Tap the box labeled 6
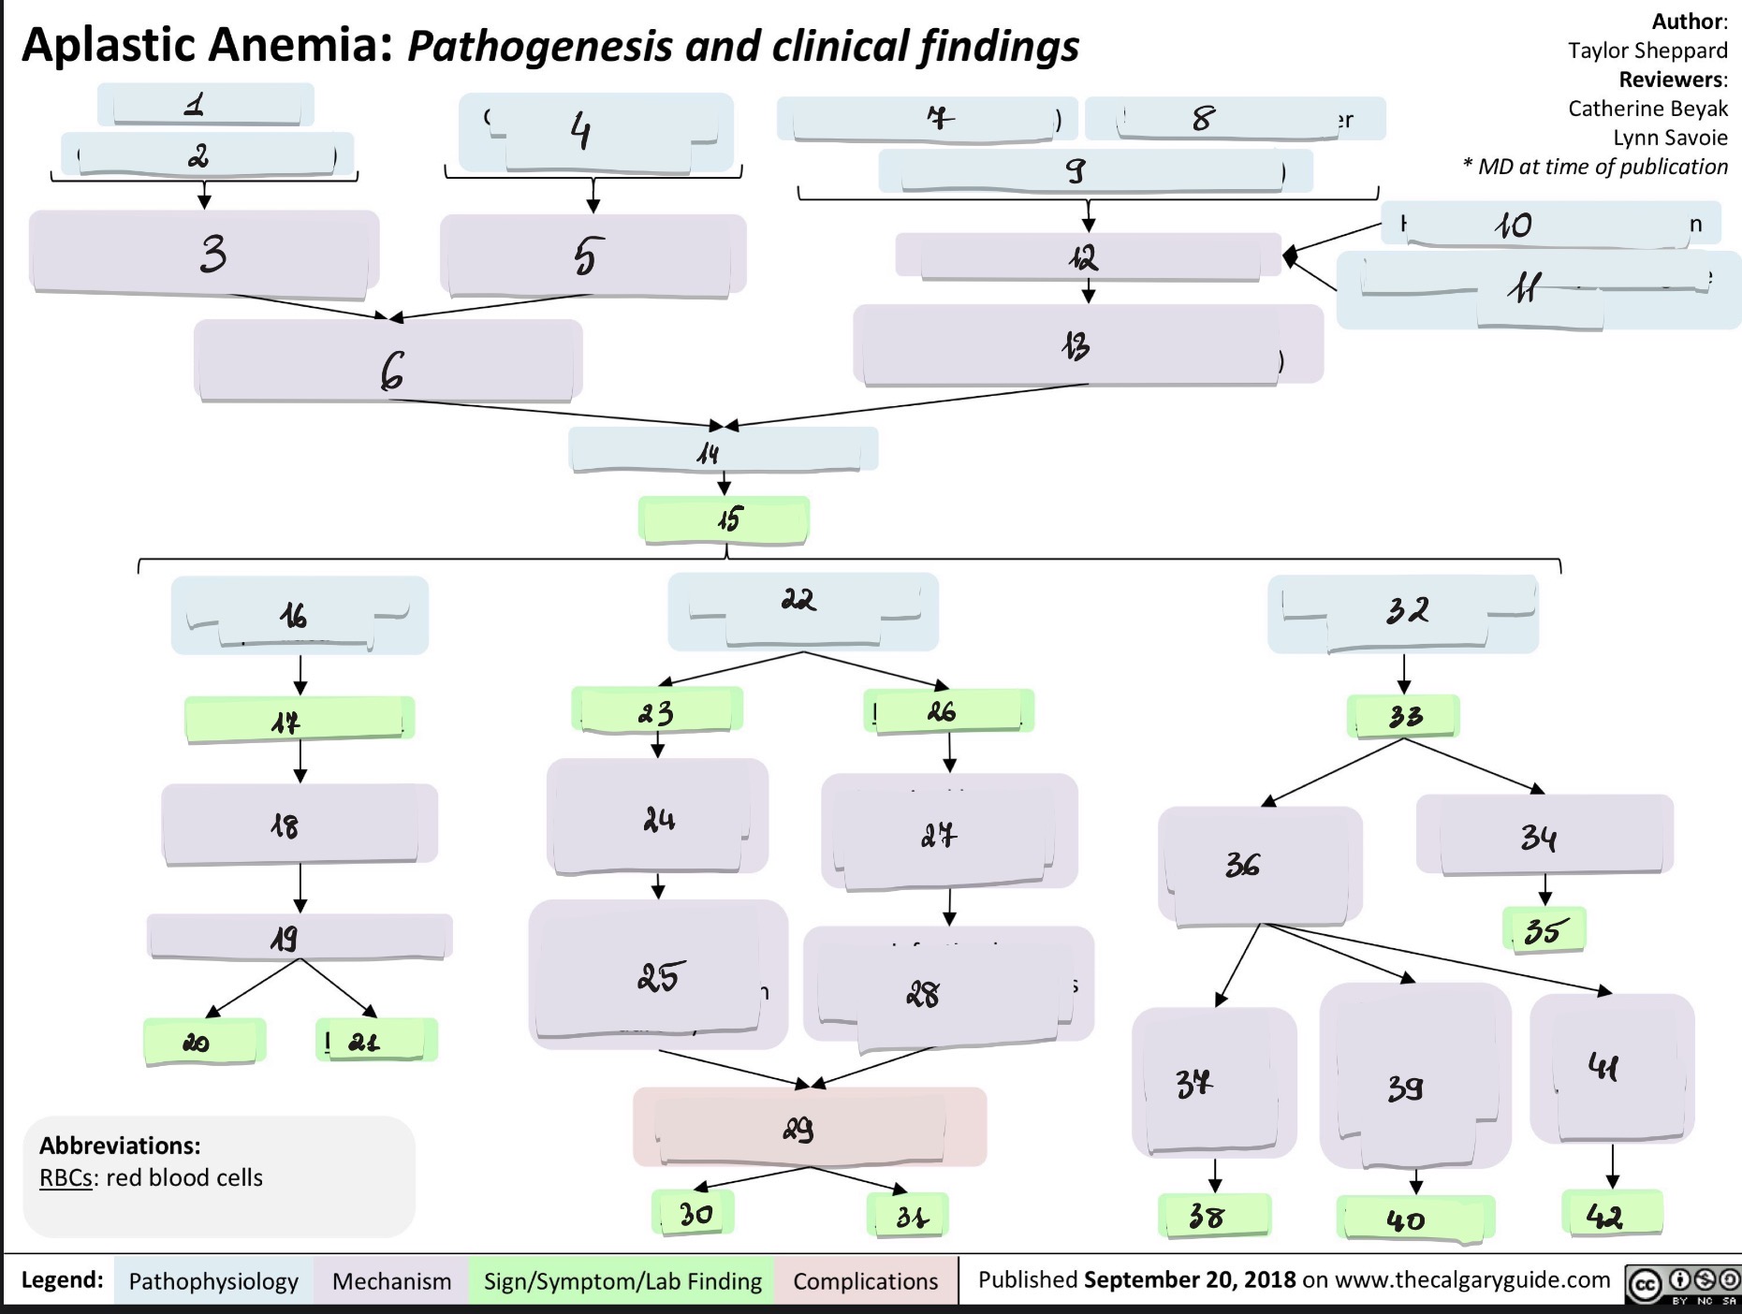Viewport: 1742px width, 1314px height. [388, 360]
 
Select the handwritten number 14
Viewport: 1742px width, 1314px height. [708, 454]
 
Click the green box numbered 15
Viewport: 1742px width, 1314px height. [724, 519]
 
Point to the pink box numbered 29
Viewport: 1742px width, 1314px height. [810, 1127]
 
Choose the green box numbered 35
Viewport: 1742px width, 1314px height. [1544, 929]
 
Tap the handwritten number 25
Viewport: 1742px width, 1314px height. [661, 976]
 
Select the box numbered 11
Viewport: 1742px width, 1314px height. [1538, 290]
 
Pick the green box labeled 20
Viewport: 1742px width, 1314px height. [205, 1041]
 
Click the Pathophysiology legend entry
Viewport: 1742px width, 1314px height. [212, 1280]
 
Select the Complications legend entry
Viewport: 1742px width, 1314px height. [866, 1280]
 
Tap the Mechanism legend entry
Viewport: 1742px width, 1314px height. [391, 1280]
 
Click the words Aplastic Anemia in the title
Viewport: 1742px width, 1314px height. [207, 44]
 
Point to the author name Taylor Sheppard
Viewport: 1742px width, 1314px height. [1647, 50]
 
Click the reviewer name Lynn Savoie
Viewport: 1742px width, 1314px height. [1670, 138]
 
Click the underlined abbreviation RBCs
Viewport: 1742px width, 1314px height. [66, 1177]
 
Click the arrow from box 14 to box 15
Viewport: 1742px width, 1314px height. [725, 483]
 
